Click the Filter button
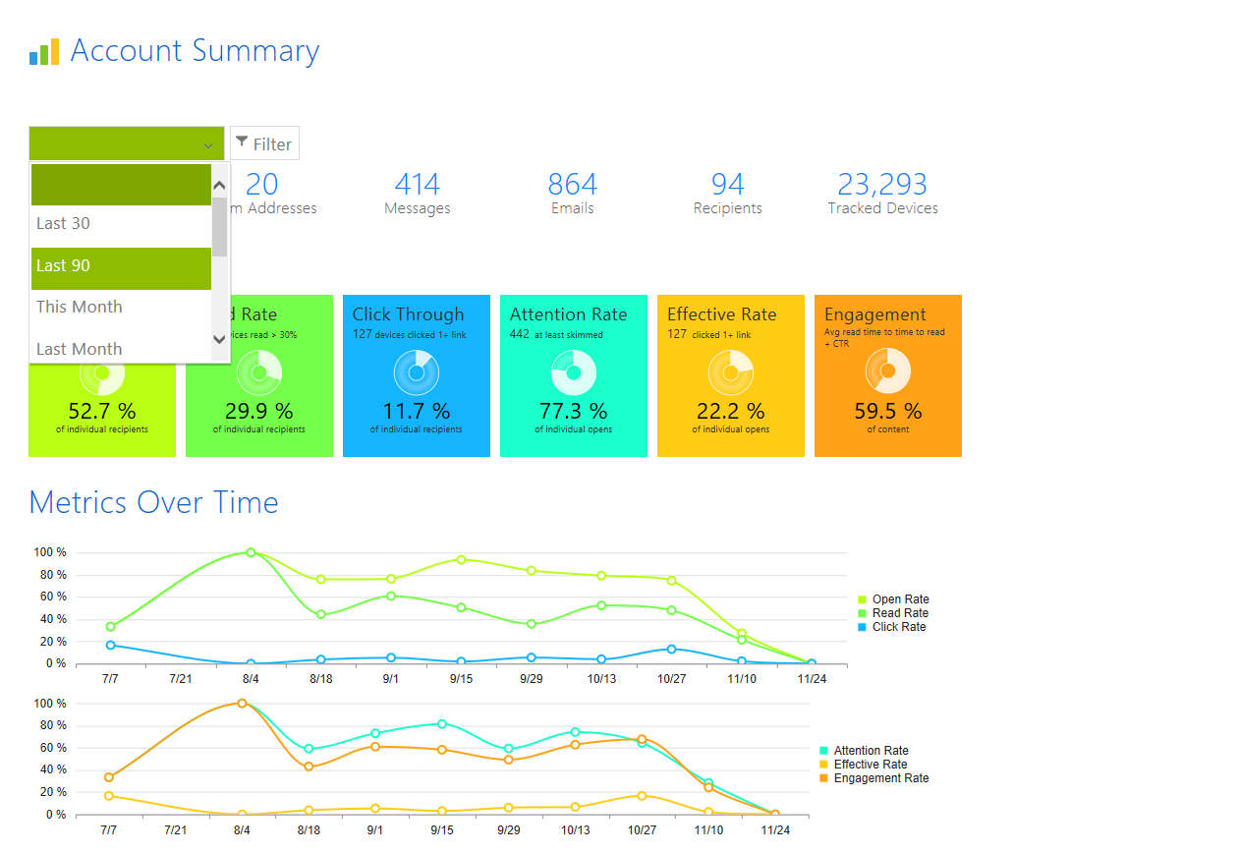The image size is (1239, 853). pos(264,143)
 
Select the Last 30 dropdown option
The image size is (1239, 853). pos(63,223)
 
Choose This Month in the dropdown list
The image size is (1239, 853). pos(79,307)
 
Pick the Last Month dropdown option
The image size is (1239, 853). pos(79,349)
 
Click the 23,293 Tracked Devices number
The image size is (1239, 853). pos(882,184)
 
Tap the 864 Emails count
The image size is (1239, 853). pos(573,184)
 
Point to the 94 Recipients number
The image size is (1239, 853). pos(728,184)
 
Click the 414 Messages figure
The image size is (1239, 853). pos(418,184)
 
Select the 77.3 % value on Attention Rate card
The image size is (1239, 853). pos(573,411)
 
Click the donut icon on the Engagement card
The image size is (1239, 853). pos(888,371)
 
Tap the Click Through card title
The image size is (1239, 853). pos(408,314)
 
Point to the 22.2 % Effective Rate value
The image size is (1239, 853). pos(730,411)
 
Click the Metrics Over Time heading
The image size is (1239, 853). pos(153,502)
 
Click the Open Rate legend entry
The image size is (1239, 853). pos(899,599)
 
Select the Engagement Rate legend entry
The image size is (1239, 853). pos(880,778)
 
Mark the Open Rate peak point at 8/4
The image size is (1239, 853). pos(251,552)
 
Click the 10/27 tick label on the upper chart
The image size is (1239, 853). pos(671,679)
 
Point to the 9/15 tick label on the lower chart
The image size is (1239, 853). pos(442,830)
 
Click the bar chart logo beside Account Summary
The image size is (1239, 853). pos(44,52)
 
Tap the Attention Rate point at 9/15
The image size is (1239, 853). pos(442,723)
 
